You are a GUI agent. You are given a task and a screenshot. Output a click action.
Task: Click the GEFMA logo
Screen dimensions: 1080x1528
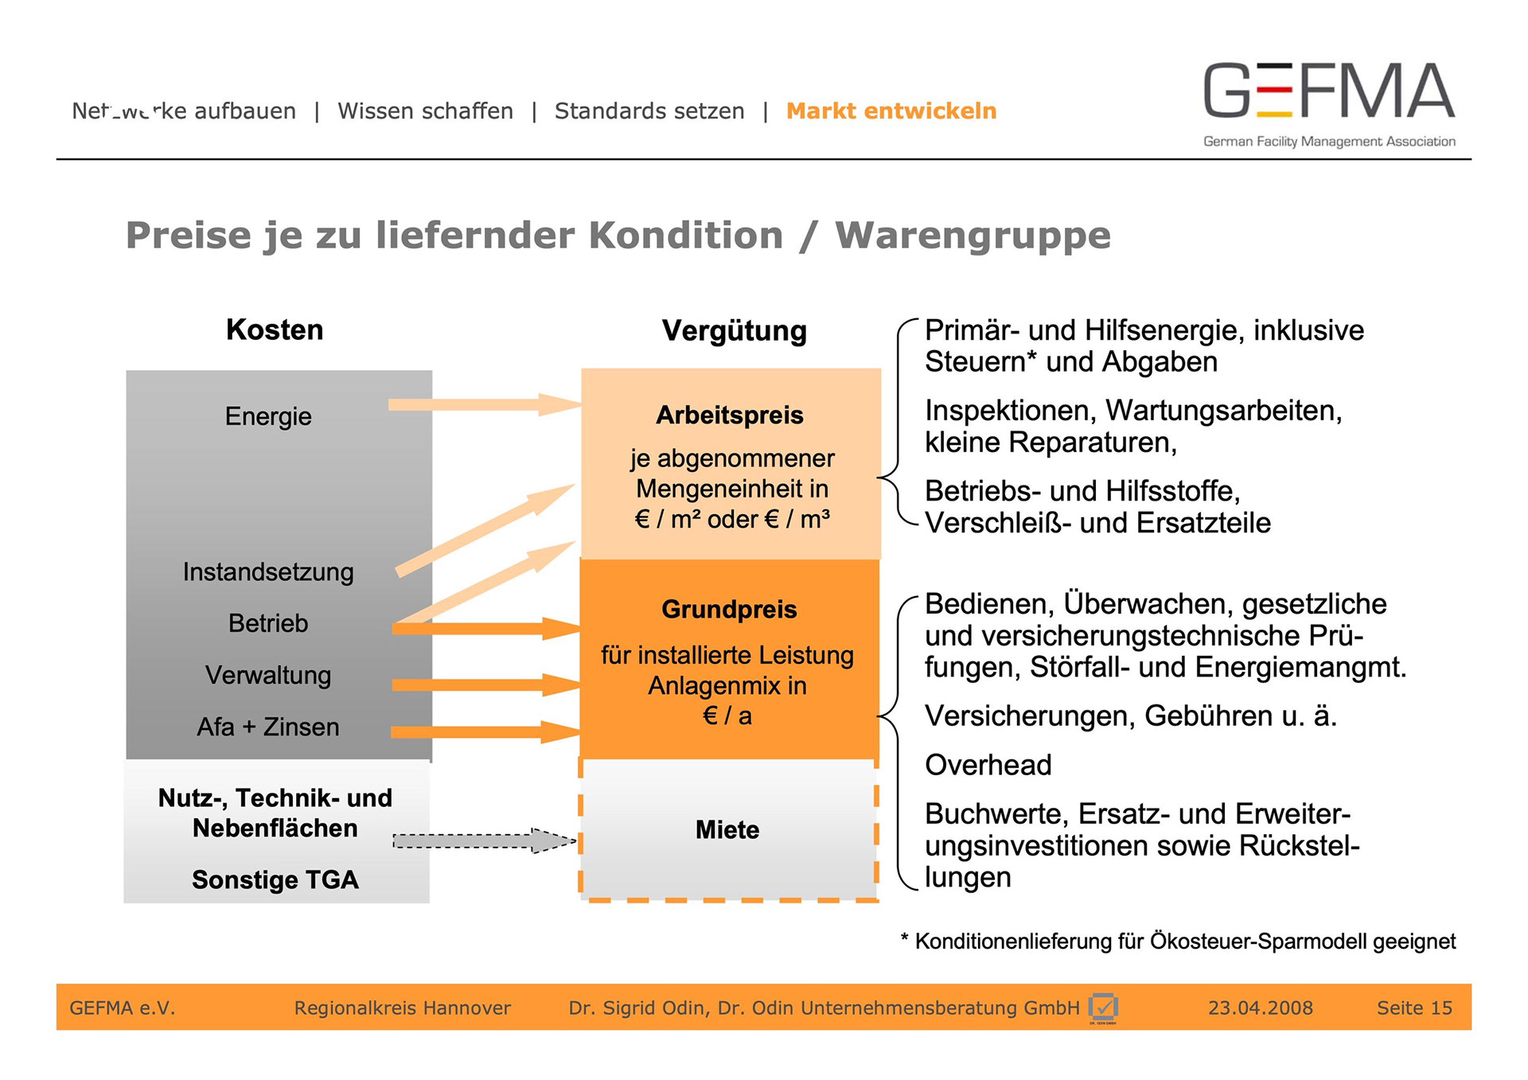click(1328, 103)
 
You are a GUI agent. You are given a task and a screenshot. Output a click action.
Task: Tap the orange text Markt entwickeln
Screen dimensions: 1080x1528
click(891, 111)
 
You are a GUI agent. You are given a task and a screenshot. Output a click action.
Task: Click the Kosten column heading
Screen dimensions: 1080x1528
click(275, 329)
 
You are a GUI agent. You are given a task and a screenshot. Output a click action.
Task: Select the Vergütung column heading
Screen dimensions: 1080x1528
click(734, 330)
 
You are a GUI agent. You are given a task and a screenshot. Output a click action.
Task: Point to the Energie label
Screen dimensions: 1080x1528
click(268, 416)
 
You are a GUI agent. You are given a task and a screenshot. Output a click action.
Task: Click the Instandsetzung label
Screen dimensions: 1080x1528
click(268, 571)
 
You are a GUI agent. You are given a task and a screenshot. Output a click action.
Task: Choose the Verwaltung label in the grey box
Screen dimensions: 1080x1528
click(268, 675)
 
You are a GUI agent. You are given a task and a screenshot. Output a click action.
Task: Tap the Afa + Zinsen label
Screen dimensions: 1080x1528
click(268, 727)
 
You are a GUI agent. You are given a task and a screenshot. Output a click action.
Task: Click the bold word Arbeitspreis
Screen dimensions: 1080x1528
click(730, 415)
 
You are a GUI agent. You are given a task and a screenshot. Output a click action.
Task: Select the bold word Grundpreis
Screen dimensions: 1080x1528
click(729, 610)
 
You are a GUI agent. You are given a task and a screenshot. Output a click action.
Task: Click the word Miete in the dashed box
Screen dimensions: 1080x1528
click(727, 830)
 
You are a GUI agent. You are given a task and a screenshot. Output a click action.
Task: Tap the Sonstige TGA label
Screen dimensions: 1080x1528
click(275, 879)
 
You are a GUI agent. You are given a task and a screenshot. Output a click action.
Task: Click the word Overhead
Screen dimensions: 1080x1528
click(988, 765)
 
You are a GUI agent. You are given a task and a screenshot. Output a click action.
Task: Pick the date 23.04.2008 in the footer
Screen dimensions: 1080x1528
click(1260, 1008)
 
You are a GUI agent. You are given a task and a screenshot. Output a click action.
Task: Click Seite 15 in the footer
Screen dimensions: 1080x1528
click(1414, 1008)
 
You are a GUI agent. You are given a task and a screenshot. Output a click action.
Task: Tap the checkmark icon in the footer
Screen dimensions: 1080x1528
click(1103, 1008)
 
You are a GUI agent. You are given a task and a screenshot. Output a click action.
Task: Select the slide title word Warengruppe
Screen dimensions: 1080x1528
click(973, 236)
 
